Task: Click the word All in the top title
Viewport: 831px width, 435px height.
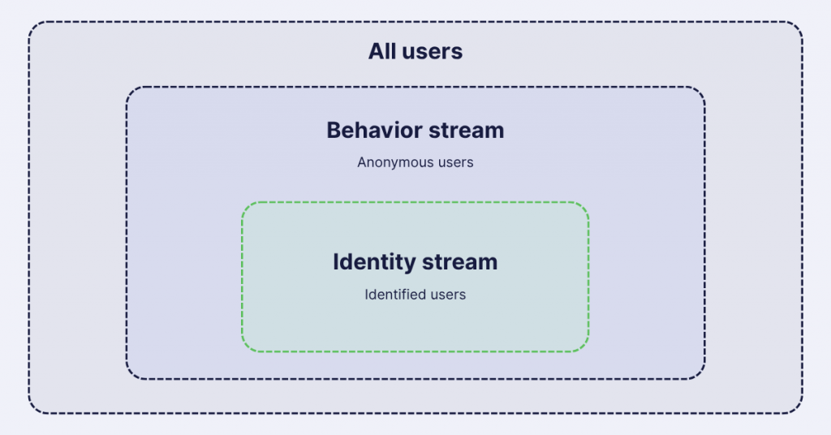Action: pyautogui.click(x=381, y=51)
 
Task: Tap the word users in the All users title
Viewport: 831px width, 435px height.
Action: pyautogui.click(x=432, y=51)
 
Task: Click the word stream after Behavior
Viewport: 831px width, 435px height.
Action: pyautogui.click(x=467, y=130)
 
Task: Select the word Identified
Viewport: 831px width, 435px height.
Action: pyautogui.click(x=394, y=294)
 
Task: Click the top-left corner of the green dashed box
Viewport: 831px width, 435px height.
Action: pyautogui.click(x=242, y=202)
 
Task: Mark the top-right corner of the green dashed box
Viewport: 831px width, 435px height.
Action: pyautogui.click(x=588, y=202)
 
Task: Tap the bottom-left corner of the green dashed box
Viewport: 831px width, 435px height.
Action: pyautogui.click(x=242, y=351)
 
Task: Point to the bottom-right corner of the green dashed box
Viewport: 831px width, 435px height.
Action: pyautogui.click(x=588, y=351)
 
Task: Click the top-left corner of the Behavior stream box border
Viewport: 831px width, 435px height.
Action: pyautogui.click(x=127, y=88)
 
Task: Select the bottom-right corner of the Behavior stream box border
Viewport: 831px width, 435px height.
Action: pyautogui.click(x=704, y=379)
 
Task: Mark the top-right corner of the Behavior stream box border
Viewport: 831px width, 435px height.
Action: pyautogui.click(x=704, y=88)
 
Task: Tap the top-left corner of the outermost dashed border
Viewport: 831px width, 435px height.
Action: pyautogui.click(x=29, y=22)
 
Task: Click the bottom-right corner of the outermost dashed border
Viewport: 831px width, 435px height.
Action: pyautogui.click(x=803, y=413)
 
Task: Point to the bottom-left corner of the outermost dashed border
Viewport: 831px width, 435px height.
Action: pyautogui.click(x=29, y=413)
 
